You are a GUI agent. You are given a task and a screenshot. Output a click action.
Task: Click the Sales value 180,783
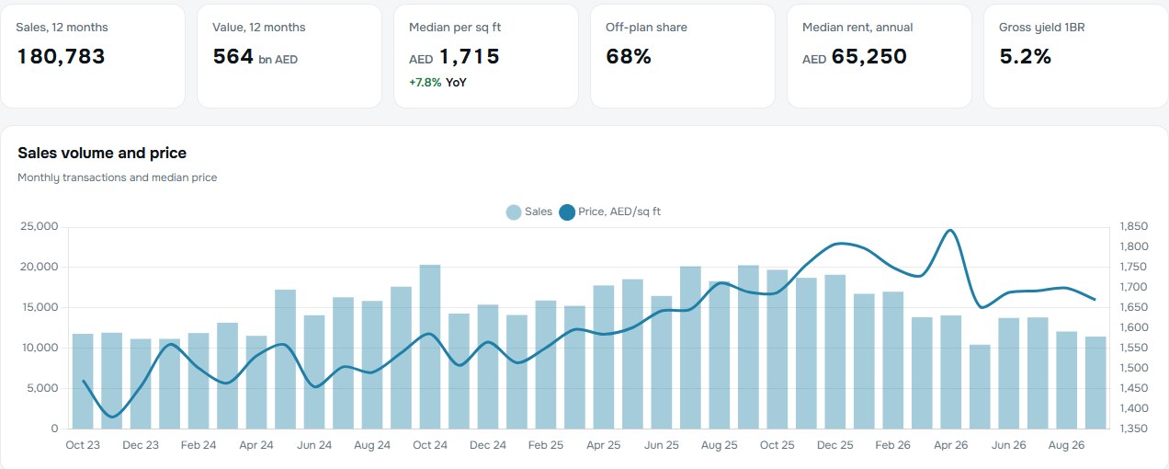tap(61, 56)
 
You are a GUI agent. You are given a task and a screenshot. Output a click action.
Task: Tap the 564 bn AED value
tap(255, 56)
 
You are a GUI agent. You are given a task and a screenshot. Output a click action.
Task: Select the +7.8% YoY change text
tap(437, 83)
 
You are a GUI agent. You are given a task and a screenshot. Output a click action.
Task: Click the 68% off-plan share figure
tap(629, 56)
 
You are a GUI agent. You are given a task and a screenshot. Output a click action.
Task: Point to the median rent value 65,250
tap(868, 56)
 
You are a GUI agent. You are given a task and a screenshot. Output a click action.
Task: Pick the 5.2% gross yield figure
tap(1025, 56)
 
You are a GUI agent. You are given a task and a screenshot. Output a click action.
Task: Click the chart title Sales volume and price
tap(102, 153)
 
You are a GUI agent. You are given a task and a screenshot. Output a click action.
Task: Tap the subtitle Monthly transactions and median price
tap(118, 177)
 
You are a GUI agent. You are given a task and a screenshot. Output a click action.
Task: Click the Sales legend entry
tap(529, 212)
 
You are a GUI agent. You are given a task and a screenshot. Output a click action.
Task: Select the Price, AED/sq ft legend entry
tap(609, 212)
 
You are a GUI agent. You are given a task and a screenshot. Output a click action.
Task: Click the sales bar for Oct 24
tap(430, 347)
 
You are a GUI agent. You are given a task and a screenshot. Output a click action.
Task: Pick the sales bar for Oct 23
tap(83, 382)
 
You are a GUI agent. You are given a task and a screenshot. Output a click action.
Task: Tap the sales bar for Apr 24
tap(256, 383)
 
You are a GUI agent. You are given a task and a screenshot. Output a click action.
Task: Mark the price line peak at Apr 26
tap(951, 230)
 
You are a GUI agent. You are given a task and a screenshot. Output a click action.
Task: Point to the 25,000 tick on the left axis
tap(40, 226)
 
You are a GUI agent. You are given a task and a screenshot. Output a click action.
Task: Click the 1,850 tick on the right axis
tap(1133, 226)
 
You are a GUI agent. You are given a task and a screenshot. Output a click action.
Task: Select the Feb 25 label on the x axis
tap(546, 445)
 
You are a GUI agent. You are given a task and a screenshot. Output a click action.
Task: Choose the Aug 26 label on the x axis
tap(1066, 445)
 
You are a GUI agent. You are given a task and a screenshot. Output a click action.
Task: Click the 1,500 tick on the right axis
tap(1133, 368)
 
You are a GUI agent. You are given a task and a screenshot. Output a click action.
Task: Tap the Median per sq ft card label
tap(455, 28)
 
